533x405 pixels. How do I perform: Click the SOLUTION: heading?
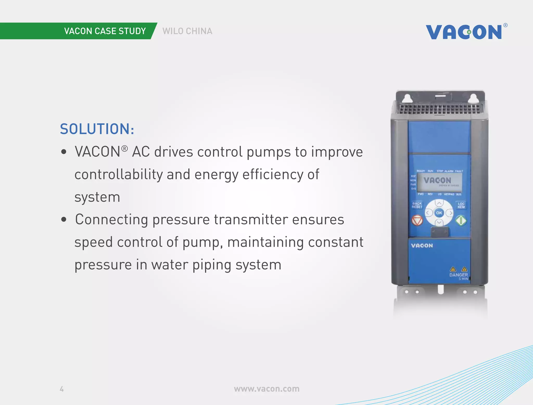click(x=97, y=129)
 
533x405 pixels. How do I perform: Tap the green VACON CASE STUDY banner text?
click(x=105, y=31)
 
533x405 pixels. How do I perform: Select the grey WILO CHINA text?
click(x=187, y=31)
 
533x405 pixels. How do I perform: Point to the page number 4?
click(x=62, y=389)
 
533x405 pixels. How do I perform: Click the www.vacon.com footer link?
click(x=266, y=389)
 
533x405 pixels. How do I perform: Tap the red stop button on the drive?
click(x=417, y=221)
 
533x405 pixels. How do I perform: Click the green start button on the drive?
click(x=461, y=221)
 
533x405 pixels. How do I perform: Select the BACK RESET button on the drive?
click(x=417, y=205)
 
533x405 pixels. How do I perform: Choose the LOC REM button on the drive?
click(x=461, y=205)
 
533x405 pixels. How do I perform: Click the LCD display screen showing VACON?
click(x=439, y=182)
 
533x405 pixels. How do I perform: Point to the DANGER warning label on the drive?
click(x=459, y=274)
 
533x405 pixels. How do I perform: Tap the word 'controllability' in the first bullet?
click(x=118, y=174)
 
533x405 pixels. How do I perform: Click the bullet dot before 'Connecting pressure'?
click(x=64, y=220)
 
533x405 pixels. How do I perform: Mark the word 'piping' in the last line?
click(x=212, y=265)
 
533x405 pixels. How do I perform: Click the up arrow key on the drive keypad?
click(x=439, y=203)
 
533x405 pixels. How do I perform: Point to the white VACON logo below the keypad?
click(x=422, y=246)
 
